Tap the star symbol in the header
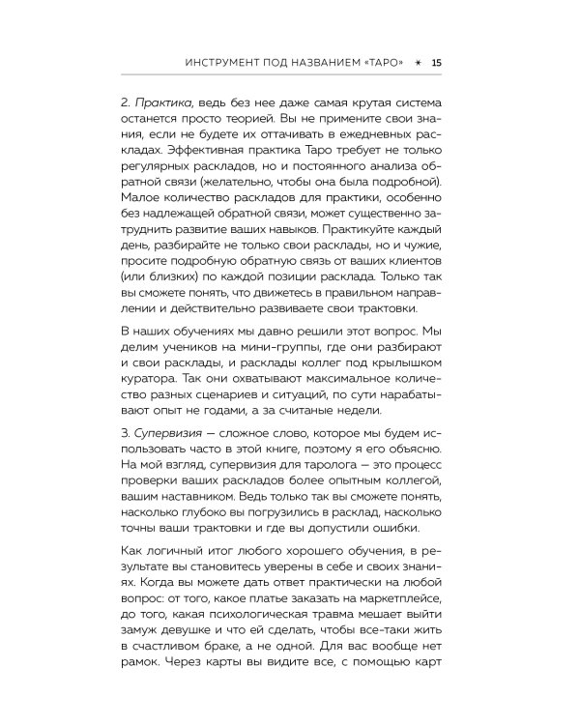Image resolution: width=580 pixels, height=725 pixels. point(418,64)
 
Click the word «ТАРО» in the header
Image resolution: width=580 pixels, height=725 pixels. point(380,64)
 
